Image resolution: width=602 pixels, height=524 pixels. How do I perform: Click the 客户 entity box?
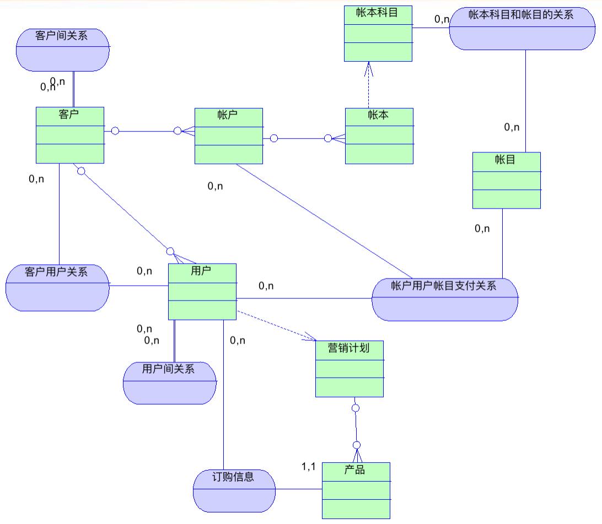tap(70, 135)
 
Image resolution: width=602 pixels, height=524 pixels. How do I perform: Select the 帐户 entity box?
tap(229, 135)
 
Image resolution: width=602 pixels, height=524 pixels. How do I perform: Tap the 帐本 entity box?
tap(379, 135)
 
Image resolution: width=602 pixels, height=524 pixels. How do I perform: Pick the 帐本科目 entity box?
tap(378, 34)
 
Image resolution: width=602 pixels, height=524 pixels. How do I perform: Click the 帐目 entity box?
tap(507, 180)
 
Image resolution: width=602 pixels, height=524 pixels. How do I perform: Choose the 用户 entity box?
tap(202, 291)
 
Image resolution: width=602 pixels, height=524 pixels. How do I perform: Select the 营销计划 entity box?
tap(350, 368)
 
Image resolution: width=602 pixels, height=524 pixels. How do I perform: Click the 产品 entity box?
tap(356, 490)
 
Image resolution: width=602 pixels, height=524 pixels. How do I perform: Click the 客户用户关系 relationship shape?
tap(57, 287)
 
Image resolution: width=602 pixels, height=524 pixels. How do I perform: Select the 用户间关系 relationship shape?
tap(170, 383)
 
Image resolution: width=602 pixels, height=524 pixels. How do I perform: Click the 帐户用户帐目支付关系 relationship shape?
tap(445, 299)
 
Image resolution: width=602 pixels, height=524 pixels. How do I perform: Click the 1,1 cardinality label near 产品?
tap(308, 467)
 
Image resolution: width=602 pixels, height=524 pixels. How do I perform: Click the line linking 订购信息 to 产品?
tap(298, 489)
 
